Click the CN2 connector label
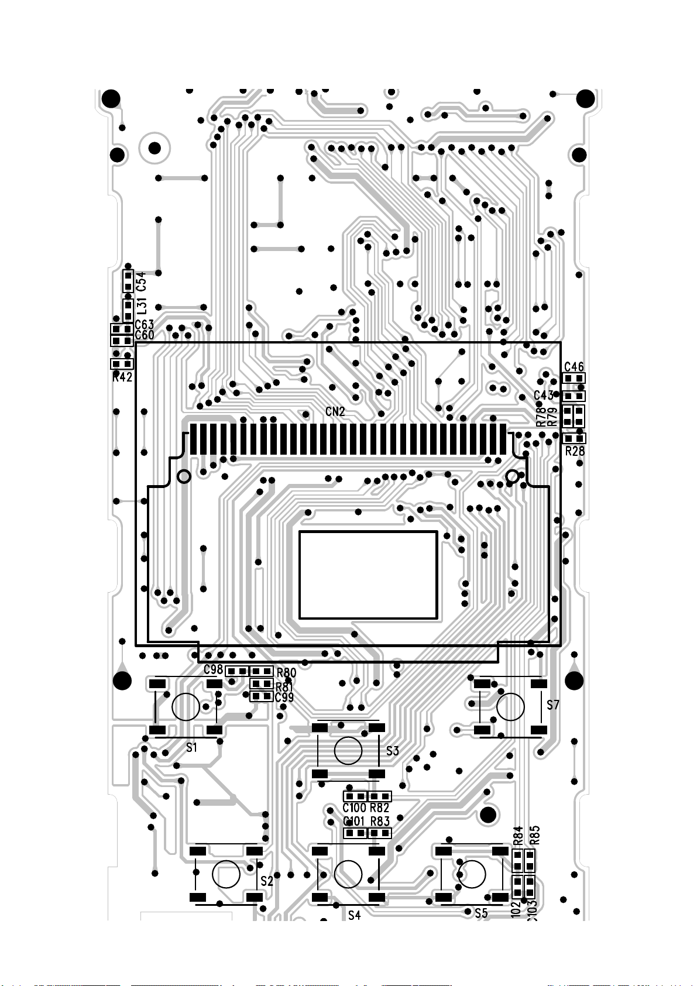click(x=335, y=412)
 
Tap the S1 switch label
click(x=191, y=747)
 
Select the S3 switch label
click(x=392, y=751)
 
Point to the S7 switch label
click(x=553, y=705)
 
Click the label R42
click(x=122, y=377)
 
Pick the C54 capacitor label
click(x=141, y=281)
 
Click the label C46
click(x=574, y=367)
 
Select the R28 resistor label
click(x=575, y=451)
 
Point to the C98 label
click(x=213, y=669)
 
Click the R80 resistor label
click(x=286, y=673)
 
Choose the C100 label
click(x=354, y=808)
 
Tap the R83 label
click(x=380, y=822)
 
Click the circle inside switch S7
click(x=510, y=707)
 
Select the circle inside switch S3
click(x=348, y=751)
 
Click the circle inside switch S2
click(x=226, y=874)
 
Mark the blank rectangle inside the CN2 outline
click(x=368, y=575)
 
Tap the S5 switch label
click(x=481, y=913)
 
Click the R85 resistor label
click(x=534, y=835)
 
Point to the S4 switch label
click(x=355, y=915)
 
